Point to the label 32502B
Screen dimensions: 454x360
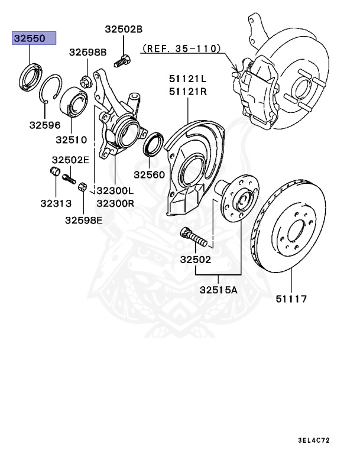coord(124,28)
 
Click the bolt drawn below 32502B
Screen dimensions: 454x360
coord(123,59)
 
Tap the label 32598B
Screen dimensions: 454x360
coord(87,52)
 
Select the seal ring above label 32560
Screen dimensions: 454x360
coord(154,145)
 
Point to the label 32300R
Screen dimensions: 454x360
coord(115,203)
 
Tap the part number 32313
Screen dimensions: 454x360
coord(56,203)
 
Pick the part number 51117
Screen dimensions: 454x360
coord(291,299)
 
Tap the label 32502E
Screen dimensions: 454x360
coord(70,160)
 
